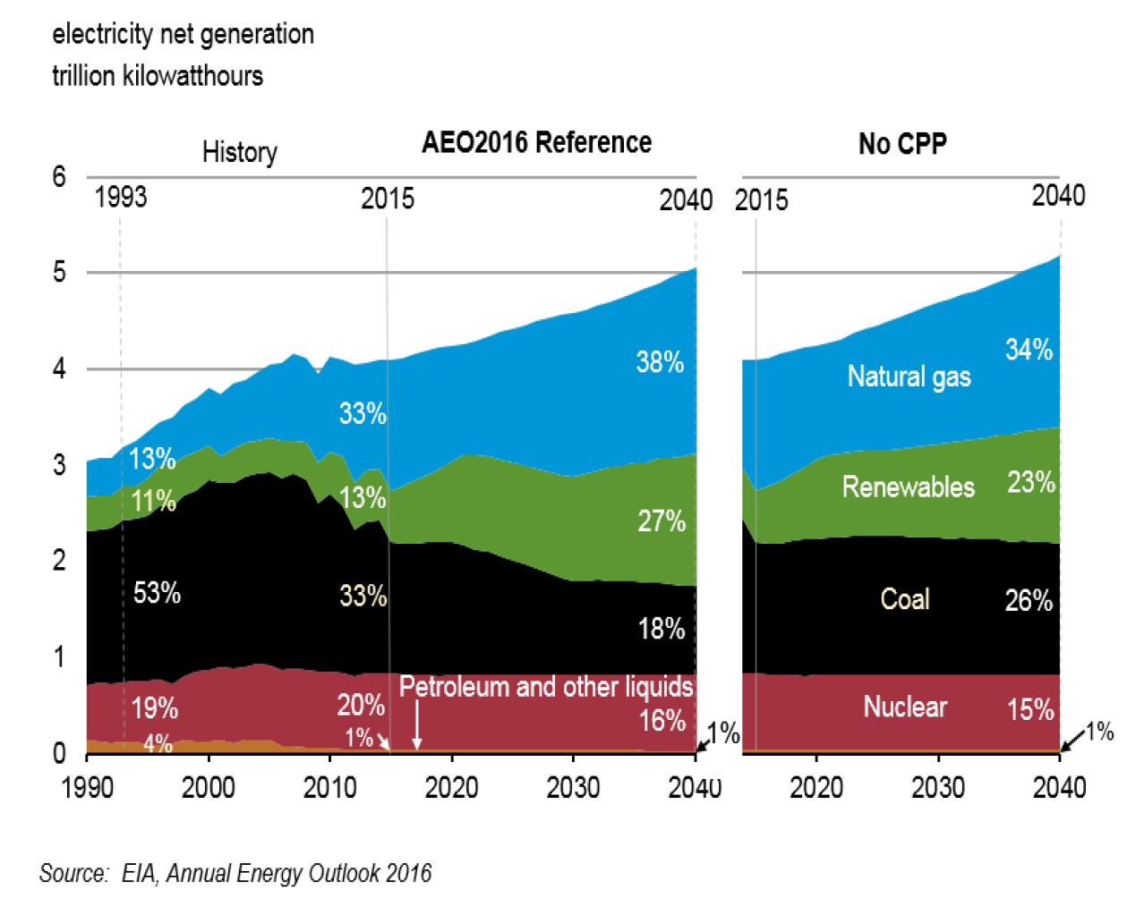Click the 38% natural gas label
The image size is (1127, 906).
pyautogui.click(x=660, y=362)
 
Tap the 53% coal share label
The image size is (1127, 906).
pyautogui.click(x=157, y=593)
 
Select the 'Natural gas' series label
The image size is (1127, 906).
pyautogui.click(x=909, y=377)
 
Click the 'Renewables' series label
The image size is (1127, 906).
pyautogui.click(x=908, y=487)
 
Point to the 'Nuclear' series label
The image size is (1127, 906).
pyautogui.click(x=905, y=707)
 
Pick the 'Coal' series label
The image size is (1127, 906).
pyautogui.click(x=905, y=598)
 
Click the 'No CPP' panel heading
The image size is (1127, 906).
pyautogui.click(x=902, y=144)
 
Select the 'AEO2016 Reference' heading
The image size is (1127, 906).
pyautogui.click(x=536, y=142)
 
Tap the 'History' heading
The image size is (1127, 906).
pyautogui.click(x=239, y=152)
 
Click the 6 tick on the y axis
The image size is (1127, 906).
pyautogui.click(x=59, y=177)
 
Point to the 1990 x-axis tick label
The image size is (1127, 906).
pyautogui.click(x=87, y=788)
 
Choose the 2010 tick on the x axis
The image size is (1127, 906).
pyautogui.click(x=330, y=788)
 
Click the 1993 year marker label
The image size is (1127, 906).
pyautogui.click(x=121, y=197)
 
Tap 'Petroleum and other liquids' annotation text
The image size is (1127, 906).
pyautogui.click(x=546, y=687)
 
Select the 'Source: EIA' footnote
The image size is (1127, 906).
pyautogui.click(x=235, y=873)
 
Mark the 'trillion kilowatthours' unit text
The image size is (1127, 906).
pyautogui.click(x=158, y=75)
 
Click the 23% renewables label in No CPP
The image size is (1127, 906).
pyautogui.click(x=1031, y=483)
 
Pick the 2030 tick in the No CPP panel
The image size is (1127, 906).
pyautogui.click(x=938, y=788)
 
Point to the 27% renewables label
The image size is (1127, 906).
pyautogui.click(x=662, y=521)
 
